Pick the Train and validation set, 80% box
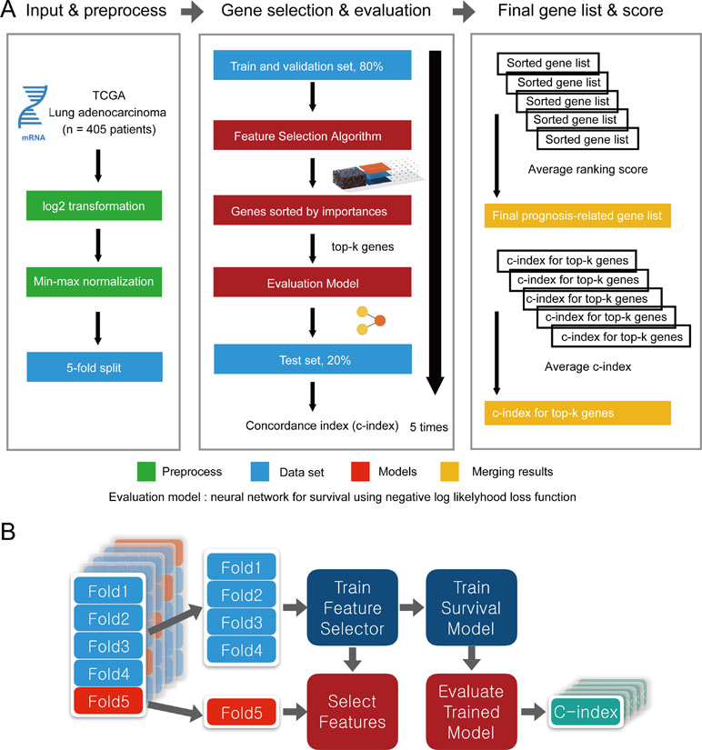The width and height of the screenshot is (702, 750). click(311, 65)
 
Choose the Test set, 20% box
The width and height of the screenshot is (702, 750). click(311, 360)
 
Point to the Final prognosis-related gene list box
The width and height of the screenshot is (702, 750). click(577, 217)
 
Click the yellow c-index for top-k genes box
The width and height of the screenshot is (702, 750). click(577, 412)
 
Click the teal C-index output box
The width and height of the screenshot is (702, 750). click(583, 710)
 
